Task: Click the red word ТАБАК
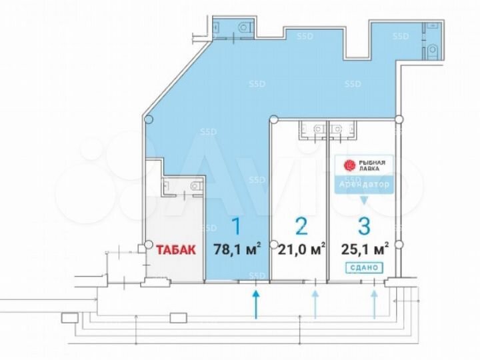tap(176, 251)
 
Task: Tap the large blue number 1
tap(235, 227)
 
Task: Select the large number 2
tap(301, 227)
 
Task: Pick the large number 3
tap(363, 227)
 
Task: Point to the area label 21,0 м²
tap(300, 251)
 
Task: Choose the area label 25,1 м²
tap(363, 251)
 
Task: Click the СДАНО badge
tap(363, 267)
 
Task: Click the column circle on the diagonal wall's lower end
tap(148, 120)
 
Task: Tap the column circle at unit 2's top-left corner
tap(272, 120)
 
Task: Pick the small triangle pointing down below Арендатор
tap(363, 199)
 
